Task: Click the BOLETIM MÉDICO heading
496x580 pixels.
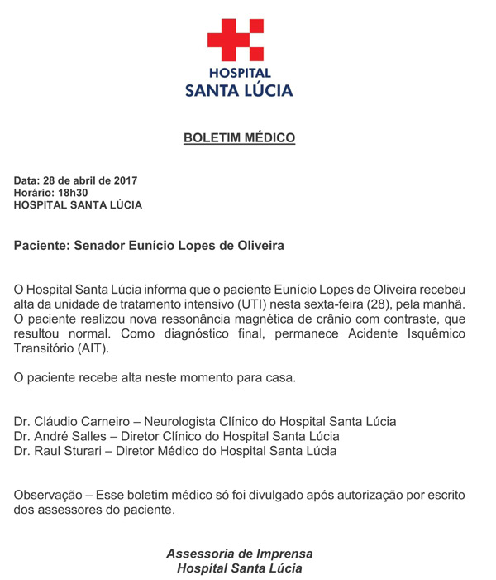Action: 239,137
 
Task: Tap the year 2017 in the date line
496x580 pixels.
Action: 123,180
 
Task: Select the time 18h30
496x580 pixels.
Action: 73,193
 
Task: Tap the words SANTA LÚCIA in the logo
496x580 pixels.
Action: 239,90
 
